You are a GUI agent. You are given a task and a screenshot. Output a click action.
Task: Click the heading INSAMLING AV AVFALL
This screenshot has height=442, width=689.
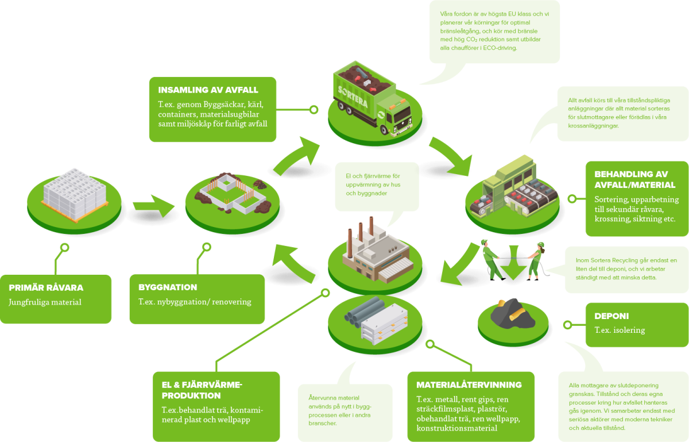click(x=208, y=90)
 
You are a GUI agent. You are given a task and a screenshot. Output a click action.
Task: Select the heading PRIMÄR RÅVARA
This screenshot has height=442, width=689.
click(x=46, y=287)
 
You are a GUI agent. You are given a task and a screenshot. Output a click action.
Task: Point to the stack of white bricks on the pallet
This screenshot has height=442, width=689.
click(x=74, y=190)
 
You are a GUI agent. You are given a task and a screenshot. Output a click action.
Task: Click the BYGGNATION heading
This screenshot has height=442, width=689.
click(x=168, y=287)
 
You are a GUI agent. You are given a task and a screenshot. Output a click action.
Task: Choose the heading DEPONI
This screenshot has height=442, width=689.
click(x=611, y=316)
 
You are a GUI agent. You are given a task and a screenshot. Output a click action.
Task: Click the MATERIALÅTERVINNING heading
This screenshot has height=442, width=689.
click(x=469, y=385)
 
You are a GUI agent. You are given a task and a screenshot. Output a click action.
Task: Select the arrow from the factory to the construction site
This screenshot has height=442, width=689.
click(x=293, y=262)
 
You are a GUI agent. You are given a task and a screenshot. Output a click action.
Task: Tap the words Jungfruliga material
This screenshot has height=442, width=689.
click(x=45, y=302)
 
